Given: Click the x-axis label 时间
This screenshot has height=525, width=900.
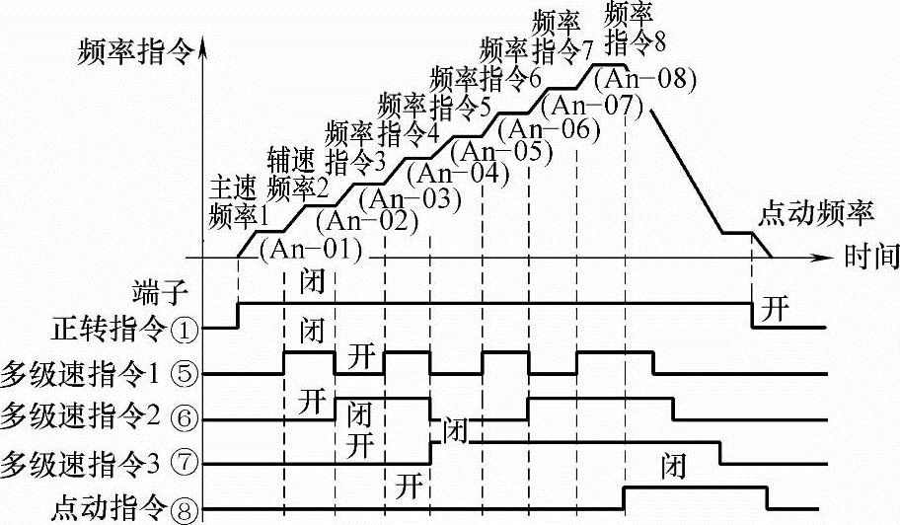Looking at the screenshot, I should coord(871,259).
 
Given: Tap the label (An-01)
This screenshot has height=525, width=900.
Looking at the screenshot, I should coord(308,247).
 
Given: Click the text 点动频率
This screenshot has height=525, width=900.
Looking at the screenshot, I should coord(817,212).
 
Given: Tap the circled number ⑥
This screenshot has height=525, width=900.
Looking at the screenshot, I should coord(184,417).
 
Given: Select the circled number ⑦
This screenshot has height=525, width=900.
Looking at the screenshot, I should coord(184,462).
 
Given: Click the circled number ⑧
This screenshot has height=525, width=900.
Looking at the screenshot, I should coord(184,509).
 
